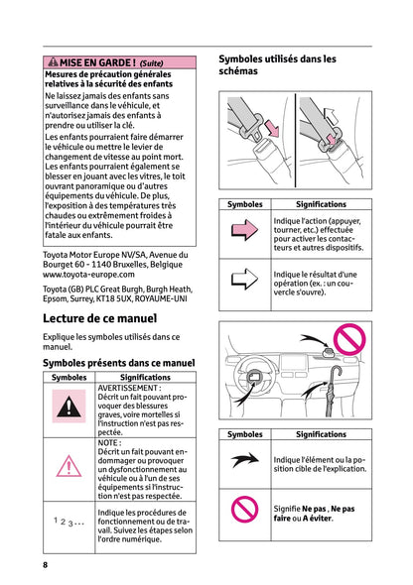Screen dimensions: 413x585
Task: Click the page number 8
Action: click(46, 564)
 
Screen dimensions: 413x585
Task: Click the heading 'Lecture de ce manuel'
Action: click(99, 318)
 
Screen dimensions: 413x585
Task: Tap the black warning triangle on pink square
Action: click(69, 406)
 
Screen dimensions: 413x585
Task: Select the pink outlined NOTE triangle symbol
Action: click(69, 466)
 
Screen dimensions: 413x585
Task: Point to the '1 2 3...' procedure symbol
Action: click(69, 522)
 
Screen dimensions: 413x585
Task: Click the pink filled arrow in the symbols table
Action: click(244, 229)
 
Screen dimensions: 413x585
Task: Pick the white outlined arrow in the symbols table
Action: click(244, 279)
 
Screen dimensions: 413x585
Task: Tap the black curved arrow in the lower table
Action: click(245, 460)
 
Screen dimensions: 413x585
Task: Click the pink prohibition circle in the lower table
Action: click(244, 509)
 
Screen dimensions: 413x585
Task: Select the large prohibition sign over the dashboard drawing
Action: click(349, 339)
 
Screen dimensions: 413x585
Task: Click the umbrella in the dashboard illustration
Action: click(332, 391)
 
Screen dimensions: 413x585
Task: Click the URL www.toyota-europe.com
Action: click(88, 275)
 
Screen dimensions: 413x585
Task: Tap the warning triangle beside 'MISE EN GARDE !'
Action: click(53, 61)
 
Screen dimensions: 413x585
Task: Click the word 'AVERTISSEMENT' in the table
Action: click(128, 388)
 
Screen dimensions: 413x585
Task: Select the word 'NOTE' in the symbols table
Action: click(107, 443)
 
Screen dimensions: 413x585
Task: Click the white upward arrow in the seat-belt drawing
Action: click(331, 116)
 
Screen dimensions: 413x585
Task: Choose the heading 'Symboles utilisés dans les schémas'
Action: click(277, 64)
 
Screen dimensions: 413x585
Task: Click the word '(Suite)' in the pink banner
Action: click(151, 63)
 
